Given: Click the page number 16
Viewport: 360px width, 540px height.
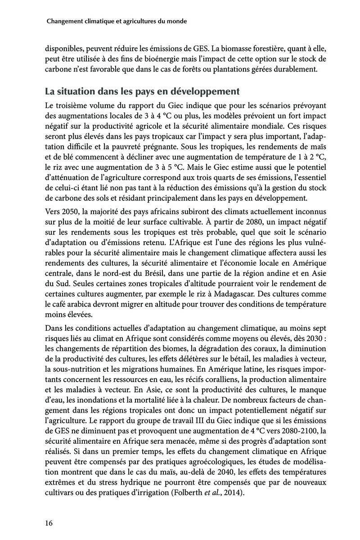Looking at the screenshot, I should pos(49,522).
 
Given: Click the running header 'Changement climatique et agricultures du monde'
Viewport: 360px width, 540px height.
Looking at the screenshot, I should pos(117,21).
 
